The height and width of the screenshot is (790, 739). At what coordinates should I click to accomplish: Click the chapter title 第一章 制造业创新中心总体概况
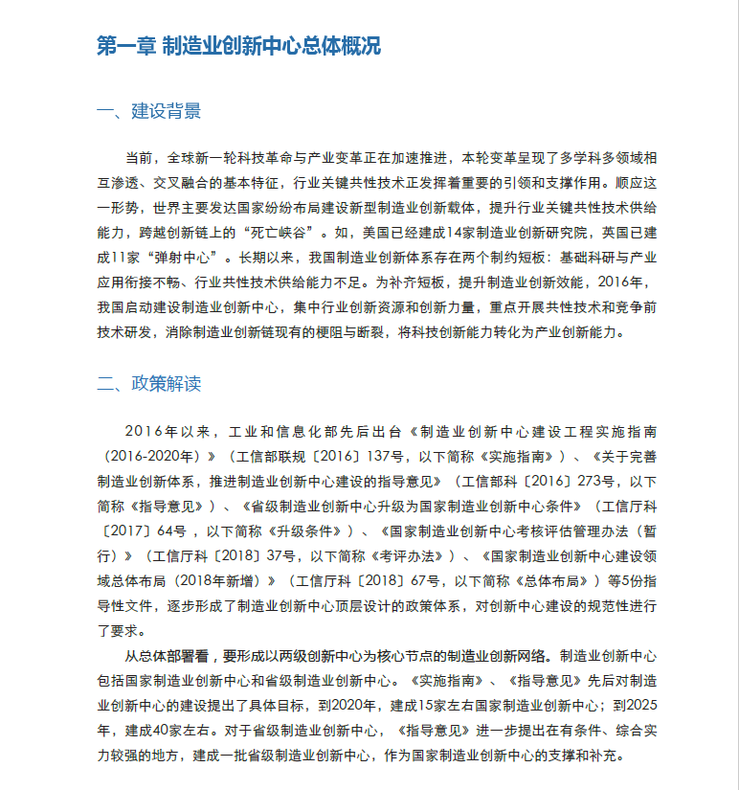[x=238, y=46]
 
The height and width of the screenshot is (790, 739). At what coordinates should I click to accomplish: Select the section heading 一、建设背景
[x=149, y=112]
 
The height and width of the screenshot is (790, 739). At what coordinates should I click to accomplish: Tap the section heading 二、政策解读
[x=149, y=385]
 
